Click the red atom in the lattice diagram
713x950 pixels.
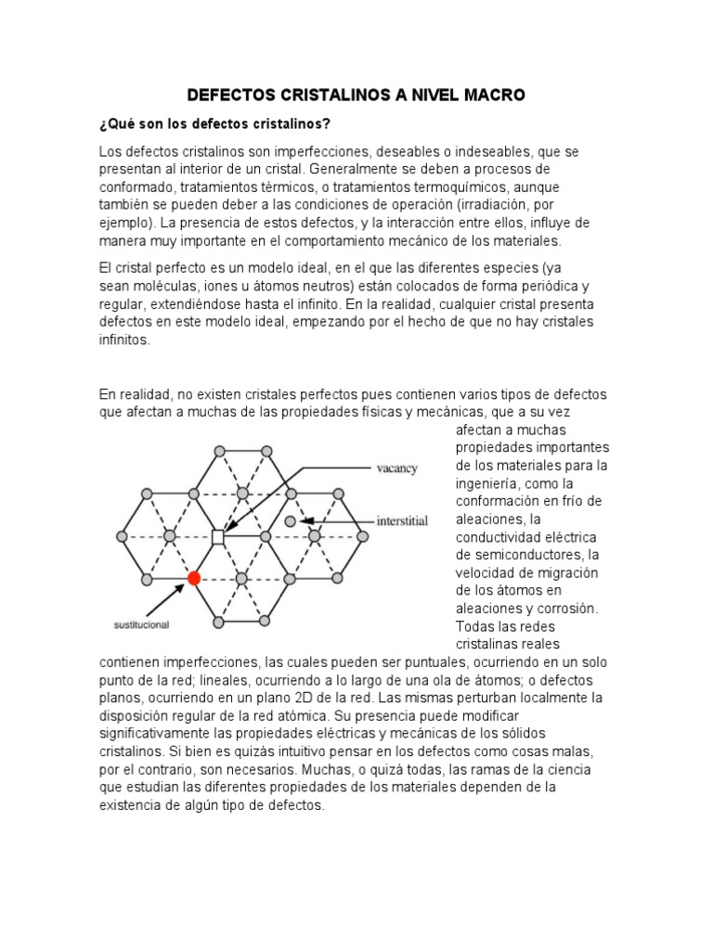pos(194,578)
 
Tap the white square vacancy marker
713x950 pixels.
pos(218,536)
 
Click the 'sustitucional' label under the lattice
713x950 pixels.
pos(141,625)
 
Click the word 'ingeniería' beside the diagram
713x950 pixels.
pos(489,483)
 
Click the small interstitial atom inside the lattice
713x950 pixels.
pos(290,521)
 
